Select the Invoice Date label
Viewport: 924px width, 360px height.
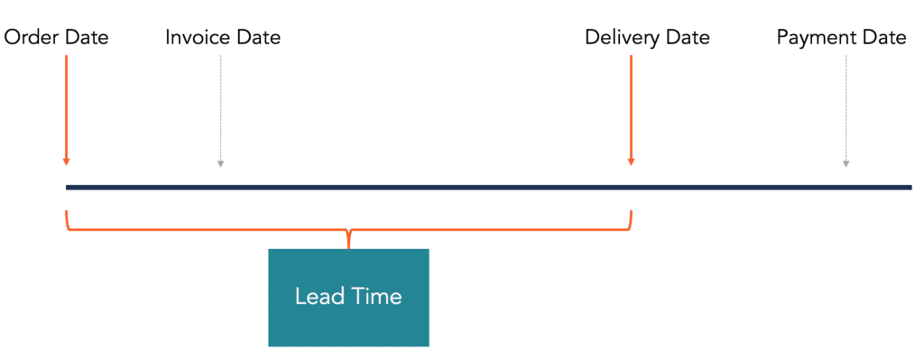click(223, 38)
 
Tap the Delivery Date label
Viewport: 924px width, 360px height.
click(647, 38)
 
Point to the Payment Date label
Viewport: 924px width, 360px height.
click(841, 38)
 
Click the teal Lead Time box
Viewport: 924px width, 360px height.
click(348, 298)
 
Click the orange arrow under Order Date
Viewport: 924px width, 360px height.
click(66, 108)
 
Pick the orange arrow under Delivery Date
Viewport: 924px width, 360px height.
click(631, 108)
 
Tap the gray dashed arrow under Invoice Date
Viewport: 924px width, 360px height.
click(220, 108)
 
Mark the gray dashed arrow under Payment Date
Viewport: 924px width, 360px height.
click(845, 108)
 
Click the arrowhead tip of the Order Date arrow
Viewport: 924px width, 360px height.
click(66, 162)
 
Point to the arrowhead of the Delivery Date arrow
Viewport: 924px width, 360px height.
click(631, 162)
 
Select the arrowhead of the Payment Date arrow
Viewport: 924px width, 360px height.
click(845, 163)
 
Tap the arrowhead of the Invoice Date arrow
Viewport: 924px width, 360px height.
click(220, 163)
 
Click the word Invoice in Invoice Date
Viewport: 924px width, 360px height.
click(199, 38)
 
